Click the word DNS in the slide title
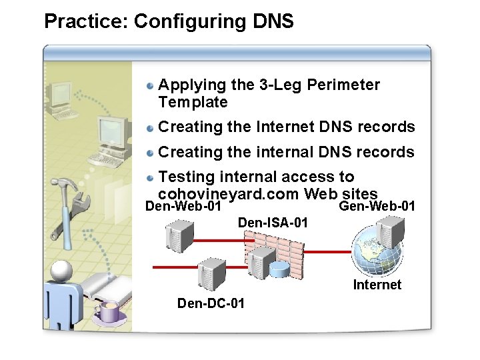273,21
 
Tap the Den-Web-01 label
183,207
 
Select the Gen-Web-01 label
377,207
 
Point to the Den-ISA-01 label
273,223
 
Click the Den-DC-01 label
211,303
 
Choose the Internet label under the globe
377,285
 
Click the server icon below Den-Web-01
180,237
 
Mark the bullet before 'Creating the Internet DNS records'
152,127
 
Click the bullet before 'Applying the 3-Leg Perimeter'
152,85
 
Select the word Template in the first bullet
193,103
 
